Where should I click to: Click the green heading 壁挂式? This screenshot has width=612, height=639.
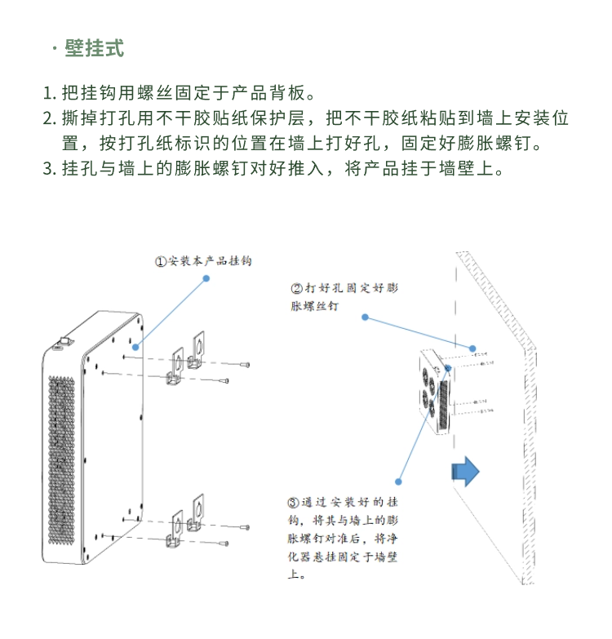[94, 48]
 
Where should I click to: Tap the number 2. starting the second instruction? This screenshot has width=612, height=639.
[50, 118]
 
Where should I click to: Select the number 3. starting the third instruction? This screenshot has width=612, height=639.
[50, 170]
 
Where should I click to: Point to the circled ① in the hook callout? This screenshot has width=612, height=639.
[162, 261]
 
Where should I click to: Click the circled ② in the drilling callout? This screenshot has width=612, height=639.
[297, 288]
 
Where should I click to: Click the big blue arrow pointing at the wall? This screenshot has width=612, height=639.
[466, 472]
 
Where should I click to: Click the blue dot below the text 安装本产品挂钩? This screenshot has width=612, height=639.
[206, 279]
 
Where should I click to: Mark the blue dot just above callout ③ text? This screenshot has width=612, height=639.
[398, 481]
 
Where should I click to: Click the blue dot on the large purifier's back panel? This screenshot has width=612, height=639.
[135, 347]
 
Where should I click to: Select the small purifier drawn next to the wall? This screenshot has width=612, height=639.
[434, 393]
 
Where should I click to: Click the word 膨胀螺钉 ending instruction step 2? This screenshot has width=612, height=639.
[503, 144]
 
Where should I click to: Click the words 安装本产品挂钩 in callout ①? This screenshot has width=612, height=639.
[210, 261]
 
